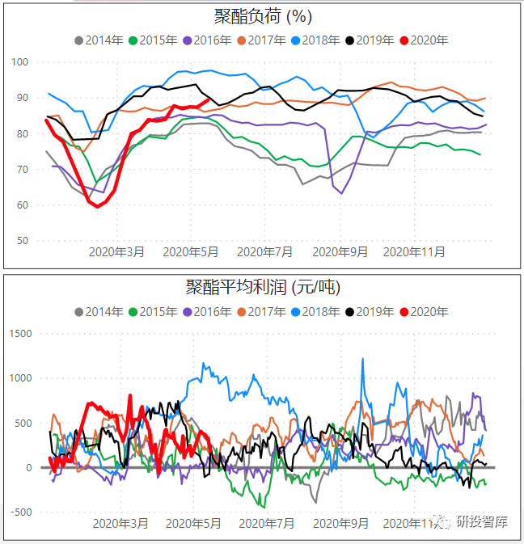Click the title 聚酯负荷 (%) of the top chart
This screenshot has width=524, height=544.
[262, 17]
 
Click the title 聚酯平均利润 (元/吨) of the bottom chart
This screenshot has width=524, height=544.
[262, 287]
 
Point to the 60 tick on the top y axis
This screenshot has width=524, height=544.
[22, 205]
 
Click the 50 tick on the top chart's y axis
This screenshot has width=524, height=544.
[22, 241]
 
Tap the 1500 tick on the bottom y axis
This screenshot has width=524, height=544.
[19, 333]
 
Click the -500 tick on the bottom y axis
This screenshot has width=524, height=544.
[19, 512]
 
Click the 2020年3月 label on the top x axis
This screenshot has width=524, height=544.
[118, 251]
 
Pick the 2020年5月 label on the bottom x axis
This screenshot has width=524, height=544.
[192, 523]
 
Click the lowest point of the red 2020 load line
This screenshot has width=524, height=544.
[98, 206]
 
